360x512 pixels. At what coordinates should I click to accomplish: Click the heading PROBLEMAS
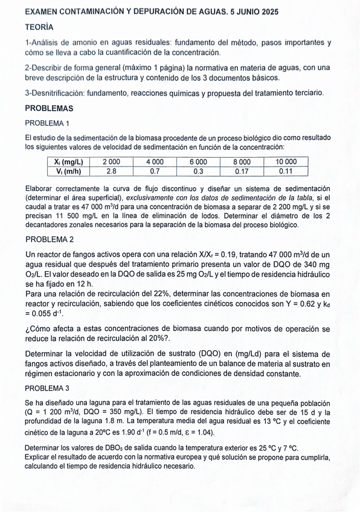click(49, 109)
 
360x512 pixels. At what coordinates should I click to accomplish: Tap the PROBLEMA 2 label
click(50, 239)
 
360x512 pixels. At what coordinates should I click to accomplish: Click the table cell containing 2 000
click(111, 162)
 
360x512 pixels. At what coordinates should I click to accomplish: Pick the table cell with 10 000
click(286, 162)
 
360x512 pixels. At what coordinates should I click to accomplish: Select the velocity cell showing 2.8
click(111, 171)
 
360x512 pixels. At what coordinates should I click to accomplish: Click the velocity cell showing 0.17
click(242, 171)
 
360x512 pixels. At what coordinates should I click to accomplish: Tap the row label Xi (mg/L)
click(68, 162)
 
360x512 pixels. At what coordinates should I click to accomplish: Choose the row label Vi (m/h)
click(68, 171)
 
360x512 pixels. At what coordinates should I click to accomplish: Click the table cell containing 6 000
click(198, 162)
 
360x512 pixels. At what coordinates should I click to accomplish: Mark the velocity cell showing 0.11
click(286, 171)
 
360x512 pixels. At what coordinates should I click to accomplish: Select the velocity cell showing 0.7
click(155, 171)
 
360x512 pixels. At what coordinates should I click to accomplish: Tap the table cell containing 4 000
click(155, 162)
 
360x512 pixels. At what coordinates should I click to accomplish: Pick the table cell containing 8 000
click(242, 162)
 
